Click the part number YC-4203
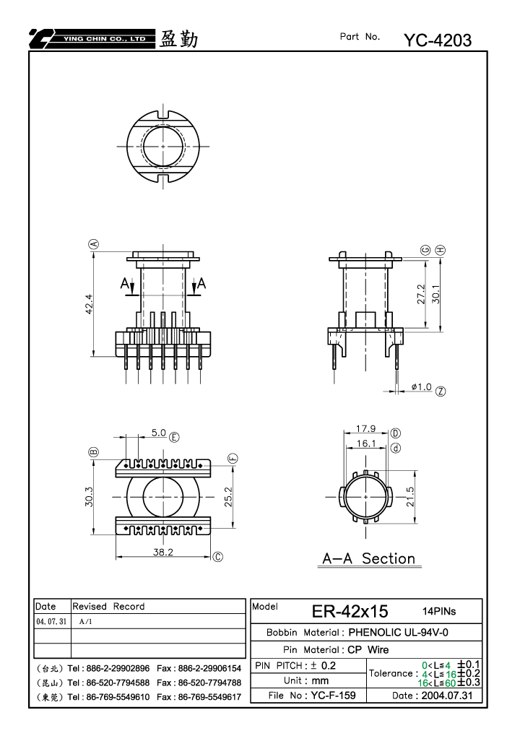tap(438, 40)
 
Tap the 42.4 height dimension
tap(89, 304)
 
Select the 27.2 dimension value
tap(421, 294)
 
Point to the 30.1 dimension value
tap(436, 294)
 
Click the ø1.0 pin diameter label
tap(422, 386)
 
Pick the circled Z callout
tap(441, 391)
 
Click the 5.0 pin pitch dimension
tap(159, 433)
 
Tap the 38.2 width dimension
tap(162, 552)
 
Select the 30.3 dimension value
tap(89, 497)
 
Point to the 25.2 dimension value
tap(228, 497)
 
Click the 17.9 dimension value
tap(365, 428)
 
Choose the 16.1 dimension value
tap(366, 443)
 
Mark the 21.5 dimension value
tap(410, 497)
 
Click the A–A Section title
tap(369, 558)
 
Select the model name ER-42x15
tap(350, 611)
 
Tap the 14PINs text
tap(439, 611)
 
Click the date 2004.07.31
tap(447, 695)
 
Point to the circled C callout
tap(218, 557)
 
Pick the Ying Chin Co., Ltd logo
tap(92, 39)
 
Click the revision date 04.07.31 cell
tap(51, 621)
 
